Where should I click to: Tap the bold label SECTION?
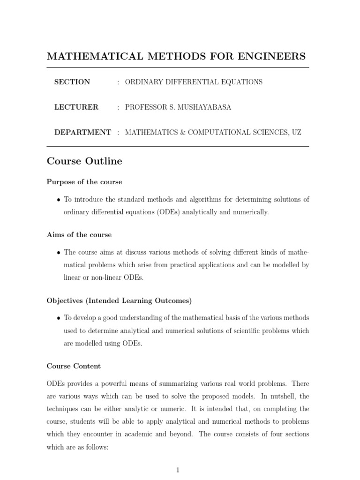72,82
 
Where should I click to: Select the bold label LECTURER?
76,107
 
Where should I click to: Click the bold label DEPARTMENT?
82,133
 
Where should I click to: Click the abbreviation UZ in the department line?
296,133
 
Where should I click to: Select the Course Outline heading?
84,161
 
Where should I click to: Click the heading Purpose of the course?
84,182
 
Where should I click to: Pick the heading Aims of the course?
79,234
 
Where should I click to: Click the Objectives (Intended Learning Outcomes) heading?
119,300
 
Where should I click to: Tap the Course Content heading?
74,366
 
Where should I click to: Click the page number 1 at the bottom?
178,470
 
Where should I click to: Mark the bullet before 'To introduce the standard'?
58,200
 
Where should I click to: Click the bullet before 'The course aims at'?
58,253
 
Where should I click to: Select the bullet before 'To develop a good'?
58,318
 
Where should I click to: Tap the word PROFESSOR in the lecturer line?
142,107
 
